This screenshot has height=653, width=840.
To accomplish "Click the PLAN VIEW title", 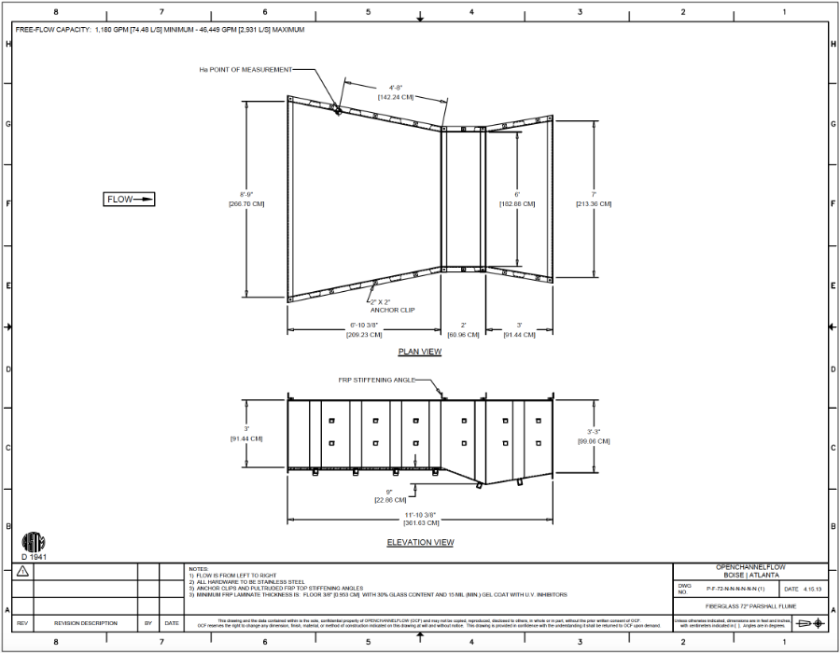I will click(420, 352).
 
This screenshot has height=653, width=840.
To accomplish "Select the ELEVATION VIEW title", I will click(420, 542).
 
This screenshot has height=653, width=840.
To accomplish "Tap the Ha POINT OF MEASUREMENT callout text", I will click(245, 70).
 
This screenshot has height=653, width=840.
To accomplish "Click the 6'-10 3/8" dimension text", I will click(363, 326).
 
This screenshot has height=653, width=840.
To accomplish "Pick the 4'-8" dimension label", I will click(396, 88).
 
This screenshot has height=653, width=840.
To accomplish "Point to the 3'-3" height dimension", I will click(594, 432).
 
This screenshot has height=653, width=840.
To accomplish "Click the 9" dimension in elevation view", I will click(388, 492).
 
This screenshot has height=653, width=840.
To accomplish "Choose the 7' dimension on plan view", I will click(594, 195).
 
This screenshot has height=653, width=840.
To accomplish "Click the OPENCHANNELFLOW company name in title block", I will click(750, 566).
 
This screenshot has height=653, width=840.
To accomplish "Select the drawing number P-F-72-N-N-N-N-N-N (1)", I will click(735, 590).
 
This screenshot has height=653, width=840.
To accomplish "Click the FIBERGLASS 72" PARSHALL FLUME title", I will click(750, 605).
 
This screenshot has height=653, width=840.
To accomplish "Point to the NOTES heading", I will click(198, 568).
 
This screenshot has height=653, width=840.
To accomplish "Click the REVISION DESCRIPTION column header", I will click(86, 623).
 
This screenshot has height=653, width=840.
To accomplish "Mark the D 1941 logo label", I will click(34, 556).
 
